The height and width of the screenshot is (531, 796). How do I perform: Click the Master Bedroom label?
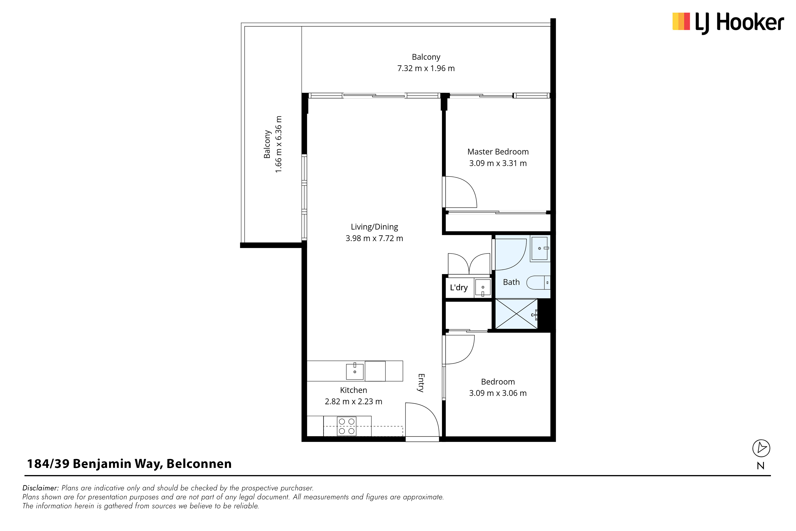point(498,152)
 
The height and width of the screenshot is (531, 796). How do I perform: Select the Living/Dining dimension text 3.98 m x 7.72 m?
point(374,238)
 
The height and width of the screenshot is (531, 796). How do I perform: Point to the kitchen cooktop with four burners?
point(346,426)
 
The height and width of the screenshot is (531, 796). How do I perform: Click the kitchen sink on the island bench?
point(355,372)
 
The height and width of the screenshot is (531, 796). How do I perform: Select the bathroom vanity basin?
point(540,248)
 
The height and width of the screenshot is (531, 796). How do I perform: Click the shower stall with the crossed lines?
point(516,314)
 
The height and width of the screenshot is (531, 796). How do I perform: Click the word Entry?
point(421,383)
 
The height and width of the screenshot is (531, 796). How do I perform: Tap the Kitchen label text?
point(353,390)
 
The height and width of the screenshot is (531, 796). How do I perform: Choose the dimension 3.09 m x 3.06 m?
point(498,393)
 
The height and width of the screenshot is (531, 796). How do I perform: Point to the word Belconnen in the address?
point(199,464)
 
